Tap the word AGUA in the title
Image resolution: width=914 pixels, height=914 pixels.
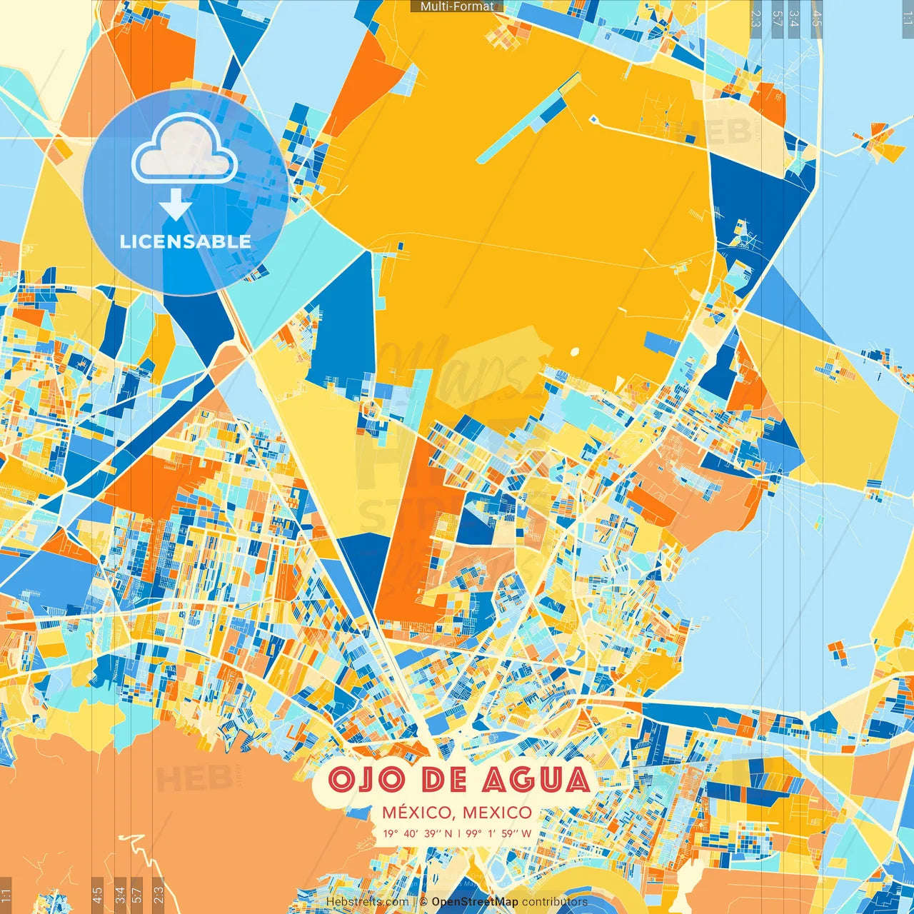536,779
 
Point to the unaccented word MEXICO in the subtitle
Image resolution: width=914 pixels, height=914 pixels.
497,813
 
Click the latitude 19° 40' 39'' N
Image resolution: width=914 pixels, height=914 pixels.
418,833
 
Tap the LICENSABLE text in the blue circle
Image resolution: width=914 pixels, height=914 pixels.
186,241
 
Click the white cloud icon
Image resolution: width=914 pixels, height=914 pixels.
185,148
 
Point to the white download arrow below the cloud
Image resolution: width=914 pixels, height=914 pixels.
175,205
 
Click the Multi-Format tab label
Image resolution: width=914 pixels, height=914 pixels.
457,6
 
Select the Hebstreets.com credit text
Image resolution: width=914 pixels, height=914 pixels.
367,902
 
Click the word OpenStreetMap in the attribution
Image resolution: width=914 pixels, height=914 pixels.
475,902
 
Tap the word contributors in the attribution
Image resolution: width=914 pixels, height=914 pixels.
555,902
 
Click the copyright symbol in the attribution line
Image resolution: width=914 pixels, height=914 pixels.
423,902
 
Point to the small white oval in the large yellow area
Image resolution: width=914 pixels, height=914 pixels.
575,351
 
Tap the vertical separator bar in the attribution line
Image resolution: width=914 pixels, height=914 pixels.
413,902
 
